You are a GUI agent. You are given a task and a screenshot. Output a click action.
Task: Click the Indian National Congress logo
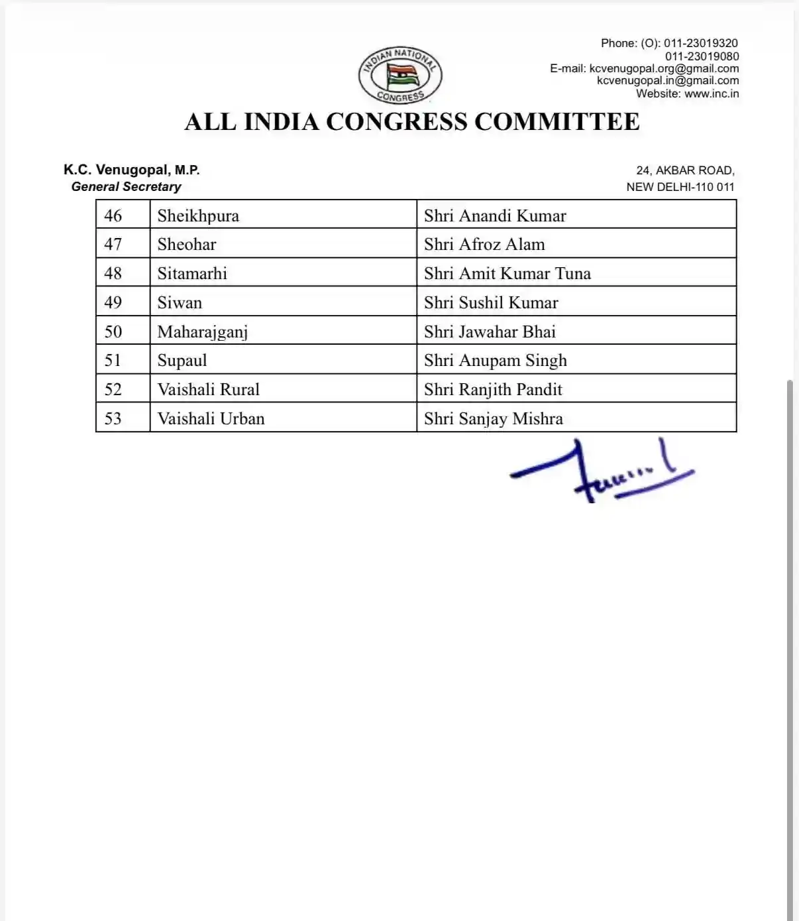400,75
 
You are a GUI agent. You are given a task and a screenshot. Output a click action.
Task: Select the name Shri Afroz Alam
484,245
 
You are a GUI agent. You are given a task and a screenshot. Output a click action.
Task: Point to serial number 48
113,273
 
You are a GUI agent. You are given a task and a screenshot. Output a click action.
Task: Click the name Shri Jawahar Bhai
490,332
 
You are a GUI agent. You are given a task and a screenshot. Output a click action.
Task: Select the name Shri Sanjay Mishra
494,419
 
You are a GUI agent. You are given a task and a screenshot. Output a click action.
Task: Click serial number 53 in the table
113,419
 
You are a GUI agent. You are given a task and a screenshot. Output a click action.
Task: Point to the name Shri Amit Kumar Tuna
507,274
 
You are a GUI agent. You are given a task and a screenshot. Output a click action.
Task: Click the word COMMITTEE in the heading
557,122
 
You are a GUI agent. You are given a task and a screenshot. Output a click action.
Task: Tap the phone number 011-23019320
701,43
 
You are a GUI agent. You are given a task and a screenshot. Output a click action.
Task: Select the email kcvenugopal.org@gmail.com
664,68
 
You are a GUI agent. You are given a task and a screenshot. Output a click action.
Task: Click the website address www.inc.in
712,93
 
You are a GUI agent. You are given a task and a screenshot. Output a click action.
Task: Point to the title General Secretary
126,187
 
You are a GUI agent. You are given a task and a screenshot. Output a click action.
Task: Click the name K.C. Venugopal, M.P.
131,170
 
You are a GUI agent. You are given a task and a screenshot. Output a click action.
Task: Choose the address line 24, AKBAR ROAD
685,170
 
